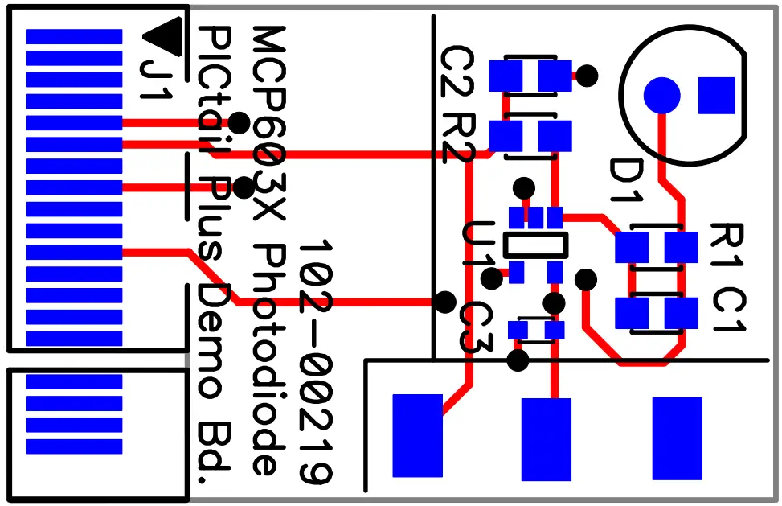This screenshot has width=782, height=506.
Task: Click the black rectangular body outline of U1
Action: (535, 245)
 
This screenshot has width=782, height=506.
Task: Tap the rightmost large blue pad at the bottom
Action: (677, 437)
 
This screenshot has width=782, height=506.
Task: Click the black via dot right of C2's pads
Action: (588, 76)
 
